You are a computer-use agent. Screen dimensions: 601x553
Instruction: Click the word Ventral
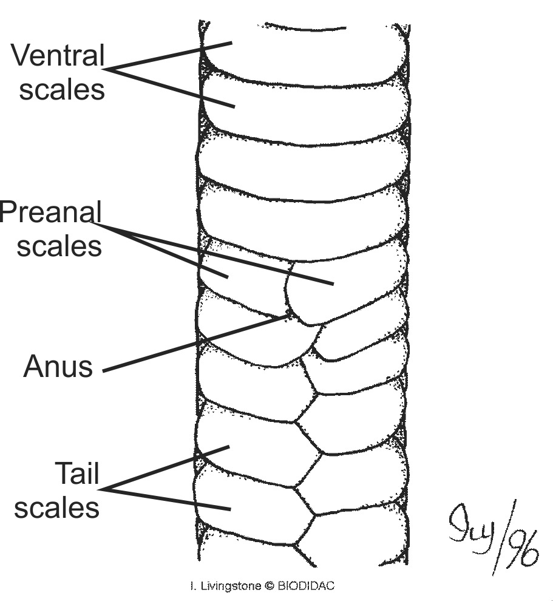58,56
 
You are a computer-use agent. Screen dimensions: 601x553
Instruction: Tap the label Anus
58,367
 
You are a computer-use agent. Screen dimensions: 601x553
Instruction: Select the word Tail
77,473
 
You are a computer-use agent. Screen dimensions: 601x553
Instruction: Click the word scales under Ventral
62,89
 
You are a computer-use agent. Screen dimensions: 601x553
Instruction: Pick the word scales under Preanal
59,246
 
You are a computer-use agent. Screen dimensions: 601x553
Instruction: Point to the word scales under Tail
57,507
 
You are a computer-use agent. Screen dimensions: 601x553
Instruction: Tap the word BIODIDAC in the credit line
306,586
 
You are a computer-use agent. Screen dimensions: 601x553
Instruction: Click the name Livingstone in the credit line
230,586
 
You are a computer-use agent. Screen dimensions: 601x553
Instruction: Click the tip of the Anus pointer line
288,316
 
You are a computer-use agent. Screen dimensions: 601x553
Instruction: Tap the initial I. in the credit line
192,586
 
